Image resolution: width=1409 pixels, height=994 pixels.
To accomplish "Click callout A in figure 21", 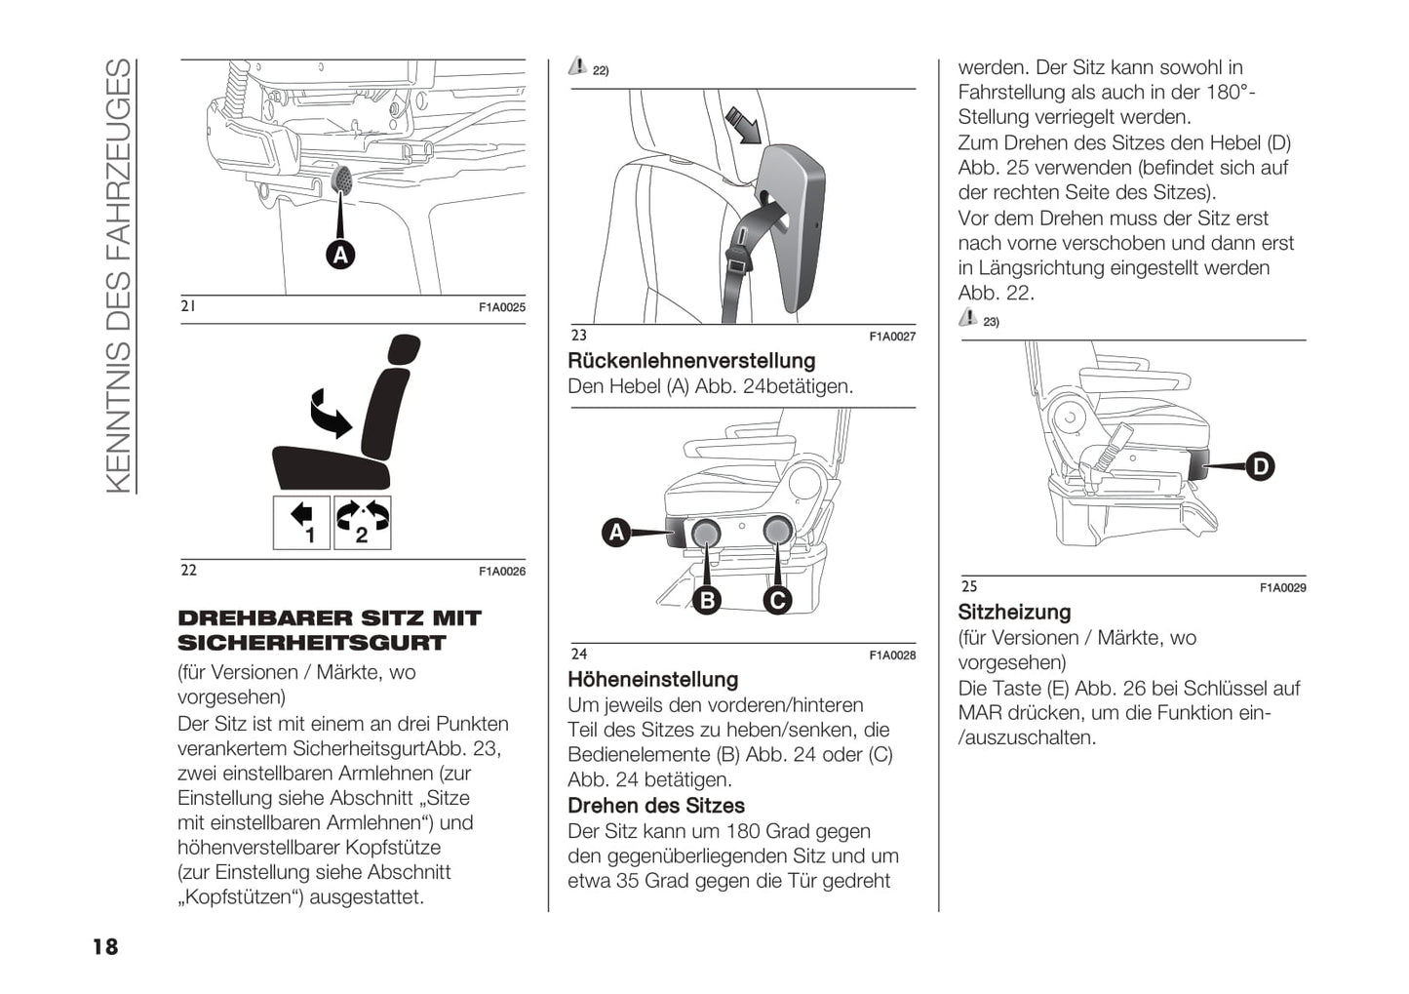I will click(339, 255).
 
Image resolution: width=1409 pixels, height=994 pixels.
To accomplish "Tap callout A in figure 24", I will click(616, 533).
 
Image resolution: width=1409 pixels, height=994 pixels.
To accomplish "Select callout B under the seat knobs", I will click(708, 600).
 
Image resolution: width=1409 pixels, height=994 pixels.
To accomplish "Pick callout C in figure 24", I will click(777, 600).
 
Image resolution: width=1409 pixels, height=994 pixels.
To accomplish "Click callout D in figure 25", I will click(1260, 466).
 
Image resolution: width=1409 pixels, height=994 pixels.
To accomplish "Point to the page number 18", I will click(104, 946).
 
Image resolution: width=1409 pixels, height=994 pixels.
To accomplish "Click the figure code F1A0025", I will click(501, 307).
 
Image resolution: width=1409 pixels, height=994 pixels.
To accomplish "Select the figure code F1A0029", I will click(1282, 588).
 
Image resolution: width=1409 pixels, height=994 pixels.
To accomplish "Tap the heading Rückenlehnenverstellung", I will click(691, 361).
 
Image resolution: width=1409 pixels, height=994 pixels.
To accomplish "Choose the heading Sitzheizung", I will click(1014, 613).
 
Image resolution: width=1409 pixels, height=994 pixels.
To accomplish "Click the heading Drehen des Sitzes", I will click(656, 806).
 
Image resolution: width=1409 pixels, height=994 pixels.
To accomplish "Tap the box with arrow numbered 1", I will click(301, 523).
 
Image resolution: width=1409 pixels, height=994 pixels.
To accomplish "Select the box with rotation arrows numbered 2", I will click(362, 523).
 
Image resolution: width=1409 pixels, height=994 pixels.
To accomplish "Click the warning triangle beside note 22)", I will click(577, 66).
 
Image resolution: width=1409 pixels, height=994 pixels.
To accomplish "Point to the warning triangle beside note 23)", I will click(967, 317).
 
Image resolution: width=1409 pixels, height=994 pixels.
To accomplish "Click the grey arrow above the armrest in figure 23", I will click(744, 126).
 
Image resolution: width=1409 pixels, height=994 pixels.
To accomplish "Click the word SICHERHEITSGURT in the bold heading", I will click(311, 644).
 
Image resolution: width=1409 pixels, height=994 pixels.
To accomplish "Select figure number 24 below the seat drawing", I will click(579, 654).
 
